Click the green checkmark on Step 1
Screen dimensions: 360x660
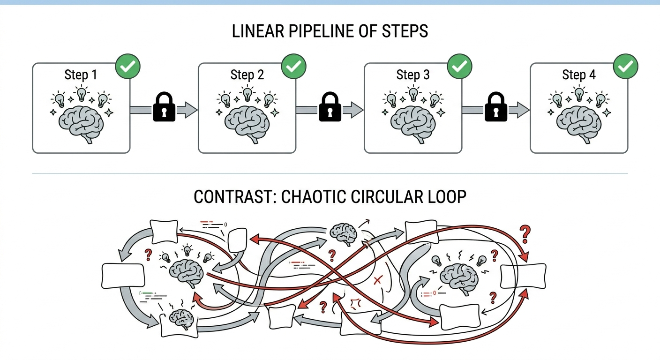click(x=128, y=67)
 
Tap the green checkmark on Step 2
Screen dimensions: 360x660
click(x=294, y=67)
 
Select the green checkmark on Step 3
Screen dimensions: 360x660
click(x=460, y=67)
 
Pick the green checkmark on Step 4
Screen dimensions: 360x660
click(x=626, y=67)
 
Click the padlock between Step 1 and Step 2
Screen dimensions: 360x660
click(x=164, y=108)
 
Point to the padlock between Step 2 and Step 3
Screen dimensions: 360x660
click(x=330, y=108)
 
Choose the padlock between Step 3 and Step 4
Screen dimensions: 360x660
click(x=496, y=108)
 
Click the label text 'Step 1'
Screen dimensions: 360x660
click(x=81, y=75)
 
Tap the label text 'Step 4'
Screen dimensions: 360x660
click(x=578, y=75)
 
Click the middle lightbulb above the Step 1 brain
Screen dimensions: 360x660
click(x=82, y=93)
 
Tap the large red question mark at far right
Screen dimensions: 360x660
click(x=525, y=233)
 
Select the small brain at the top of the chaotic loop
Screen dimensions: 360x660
click(x=344, y=232)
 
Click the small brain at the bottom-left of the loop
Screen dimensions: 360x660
click(x=181, y=319)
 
